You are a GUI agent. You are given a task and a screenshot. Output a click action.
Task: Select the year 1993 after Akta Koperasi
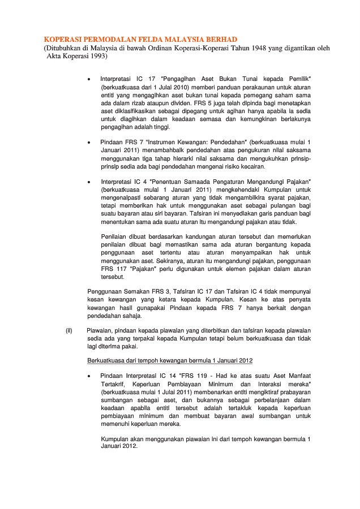(97, 57)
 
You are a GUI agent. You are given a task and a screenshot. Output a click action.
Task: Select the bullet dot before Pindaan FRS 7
(89, 141)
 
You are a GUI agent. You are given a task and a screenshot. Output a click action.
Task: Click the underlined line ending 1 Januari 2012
(169, 360)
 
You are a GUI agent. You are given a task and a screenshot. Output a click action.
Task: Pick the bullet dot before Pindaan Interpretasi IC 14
(89, 376)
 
